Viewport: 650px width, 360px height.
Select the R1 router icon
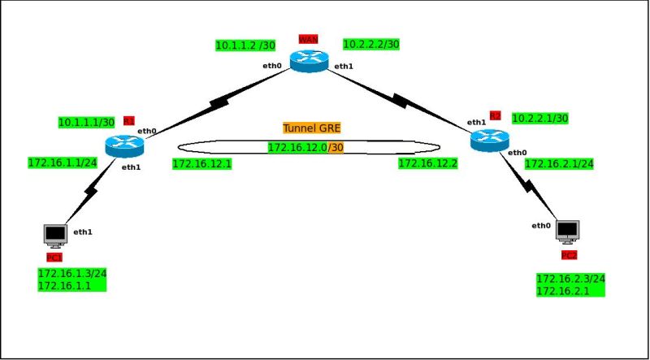[123, 146]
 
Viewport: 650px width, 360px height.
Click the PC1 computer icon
[55, 235]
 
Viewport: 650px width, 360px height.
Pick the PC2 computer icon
[567, 231]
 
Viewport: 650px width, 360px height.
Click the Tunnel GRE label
[312, 128]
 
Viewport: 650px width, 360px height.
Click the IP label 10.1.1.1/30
[86, 122]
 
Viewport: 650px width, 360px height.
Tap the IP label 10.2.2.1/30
[539, 119]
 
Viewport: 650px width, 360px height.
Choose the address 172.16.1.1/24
[63, 163]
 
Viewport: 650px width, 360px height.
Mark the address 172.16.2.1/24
[559, 164]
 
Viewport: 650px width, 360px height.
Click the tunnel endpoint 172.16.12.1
[202, 164]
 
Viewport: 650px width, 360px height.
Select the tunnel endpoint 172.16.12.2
[427, 164]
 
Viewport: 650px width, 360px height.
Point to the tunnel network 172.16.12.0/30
[305, 147]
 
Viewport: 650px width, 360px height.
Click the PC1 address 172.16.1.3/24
[72, 273]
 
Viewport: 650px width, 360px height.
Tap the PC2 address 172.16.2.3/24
[570, 279]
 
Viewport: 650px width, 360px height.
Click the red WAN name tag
[308, 39]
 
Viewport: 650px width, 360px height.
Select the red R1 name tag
[128, 120]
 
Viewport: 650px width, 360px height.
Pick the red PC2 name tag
[568, 256]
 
